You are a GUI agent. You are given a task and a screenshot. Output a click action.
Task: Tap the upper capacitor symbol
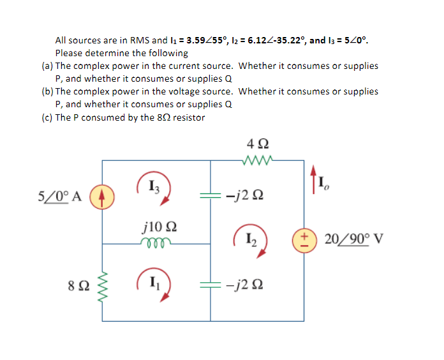211,195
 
